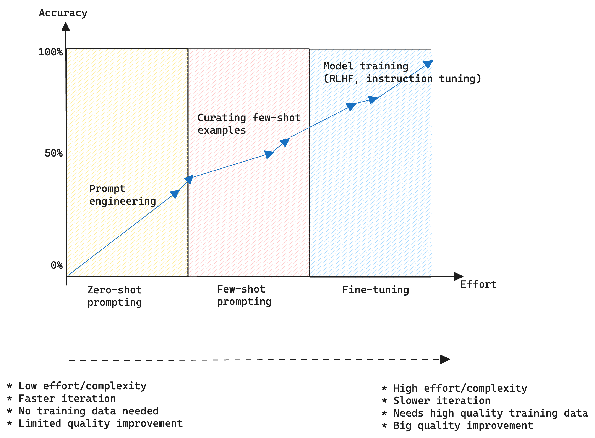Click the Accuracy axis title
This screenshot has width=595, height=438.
[x=63, y=13]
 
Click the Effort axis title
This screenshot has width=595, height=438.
[x=478, y=284]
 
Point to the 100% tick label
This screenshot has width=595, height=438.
[x=51, y=52]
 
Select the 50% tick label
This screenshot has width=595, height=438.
[x=54, y=153]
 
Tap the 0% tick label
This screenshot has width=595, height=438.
[x=57, y=265]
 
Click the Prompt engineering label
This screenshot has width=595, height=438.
[x=122, y=195]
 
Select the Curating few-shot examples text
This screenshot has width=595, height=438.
[x=249, y=124]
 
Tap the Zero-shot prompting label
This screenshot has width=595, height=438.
[x=114, y=296]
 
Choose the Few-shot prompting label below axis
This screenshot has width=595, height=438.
[x=244, y=295]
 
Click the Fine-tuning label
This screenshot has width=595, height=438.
[x=375, y=290]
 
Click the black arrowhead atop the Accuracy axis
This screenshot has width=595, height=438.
[x=66, y=27]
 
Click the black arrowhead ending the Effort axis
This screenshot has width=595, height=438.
[x=458, y=276]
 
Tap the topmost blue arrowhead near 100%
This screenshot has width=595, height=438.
[x=428, y=64]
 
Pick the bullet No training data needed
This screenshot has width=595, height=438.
[x=88, y=411]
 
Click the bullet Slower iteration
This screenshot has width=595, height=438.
[x=442, y=400]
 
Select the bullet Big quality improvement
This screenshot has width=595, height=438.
[x=463, y=425]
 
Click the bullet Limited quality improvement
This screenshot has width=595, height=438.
[x=100, y=423]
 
